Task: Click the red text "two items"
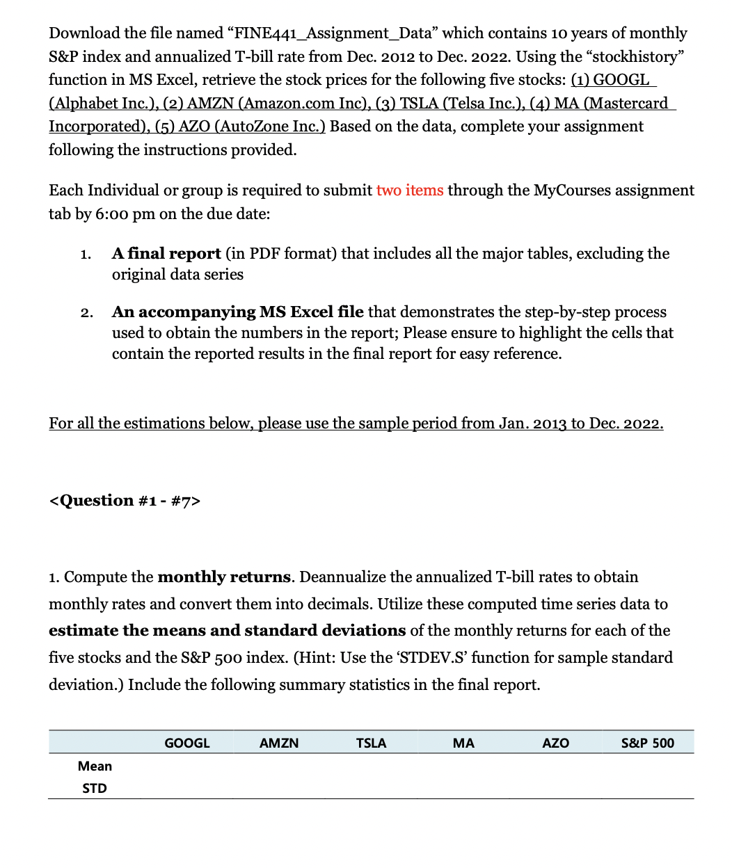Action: click(409, 191)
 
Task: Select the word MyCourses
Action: click(574, 191)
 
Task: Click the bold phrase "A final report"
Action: click(166, 254)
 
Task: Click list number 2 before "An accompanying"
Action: click(85, 313)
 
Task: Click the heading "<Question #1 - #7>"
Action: click(125, 501)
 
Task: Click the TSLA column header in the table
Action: click(371, 744)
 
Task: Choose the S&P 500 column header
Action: click(647, 744)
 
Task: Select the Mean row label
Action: click(95, 766)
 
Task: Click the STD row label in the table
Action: click(95, 789)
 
